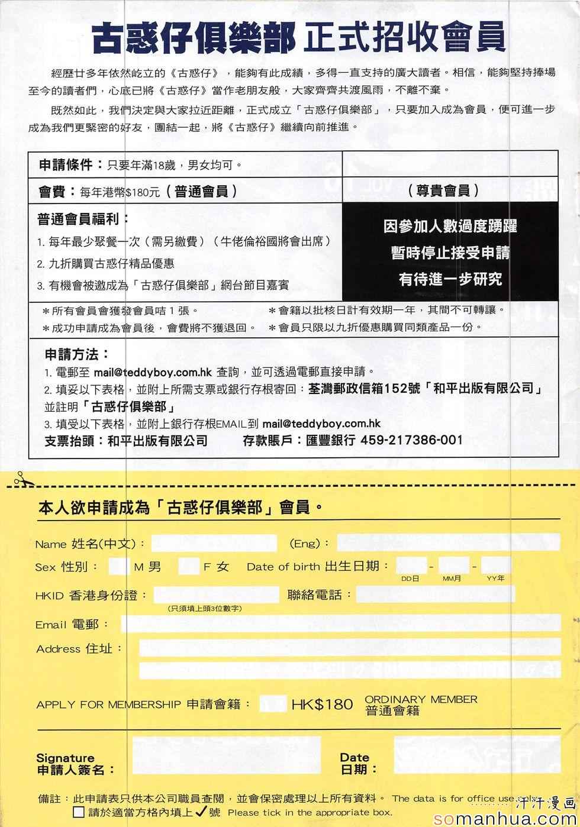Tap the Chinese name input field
(x=214, y=543)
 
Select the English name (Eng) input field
(x=448, y=542)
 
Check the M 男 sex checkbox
(x=118, y=567)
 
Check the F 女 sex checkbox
(x=188, y=567)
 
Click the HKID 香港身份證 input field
(x=216, y=595)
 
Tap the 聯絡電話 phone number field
(x=435, y=595)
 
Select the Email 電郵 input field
(x=340, y=624)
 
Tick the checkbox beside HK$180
(x=273, y=703)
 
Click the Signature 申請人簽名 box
(x=226, y=755)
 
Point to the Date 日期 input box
(x=477, y=755)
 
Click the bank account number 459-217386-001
(x=411, y=440)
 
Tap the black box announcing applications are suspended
(x=450, y=252)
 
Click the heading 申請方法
(x=77, y=354)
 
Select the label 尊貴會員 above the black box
(x=443, y=190)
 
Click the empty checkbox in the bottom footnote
(x=79, y=812)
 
